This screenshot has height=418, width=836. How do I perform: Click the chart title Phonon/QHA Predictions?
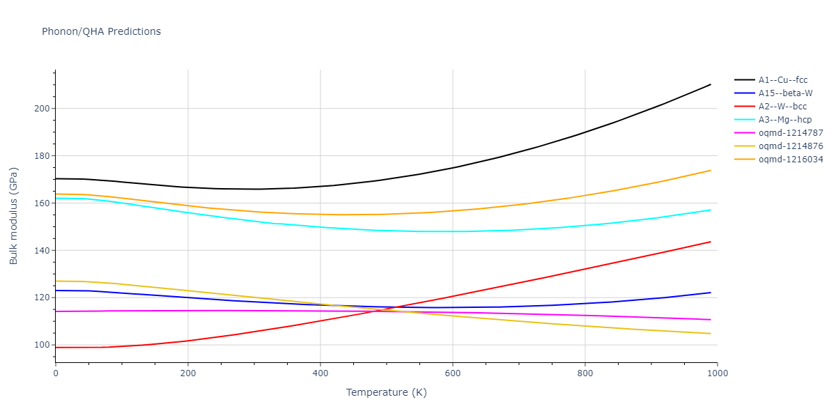(101, 31)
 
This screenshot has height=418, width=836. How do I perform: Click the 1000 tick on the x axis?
(717, 373)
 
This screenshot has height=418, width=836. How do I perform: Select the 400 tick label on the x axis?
(320, 373)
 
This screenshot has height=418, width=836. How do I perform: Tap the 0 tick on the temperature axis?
(56, 373)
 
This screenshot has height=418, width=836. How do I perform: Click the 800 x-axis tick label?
(585, 373)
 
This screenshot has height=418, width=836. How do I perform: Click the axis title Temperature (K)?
(386, 393)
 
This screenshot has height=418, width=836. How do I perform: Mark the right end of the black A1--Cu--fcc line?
(711, 84)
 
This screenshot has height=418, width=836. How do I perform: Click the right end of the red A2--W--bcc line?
(711, 242)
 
